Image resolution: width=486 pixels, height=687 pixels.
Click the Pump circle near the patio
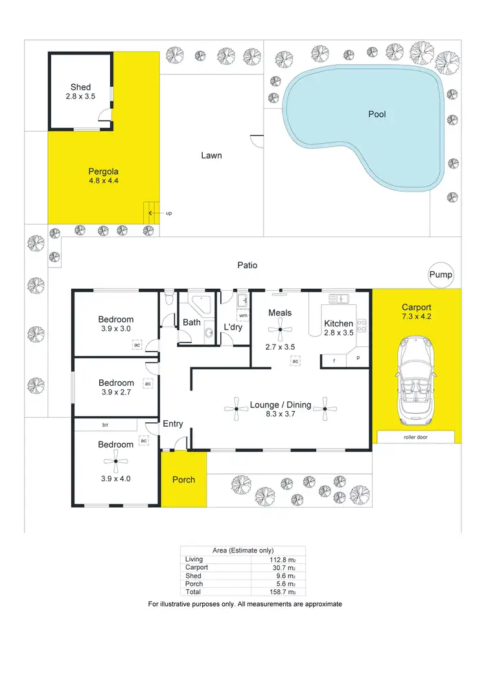tap(441, 275)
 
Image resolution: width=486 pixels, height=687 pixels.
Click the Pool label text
tap(376, 114)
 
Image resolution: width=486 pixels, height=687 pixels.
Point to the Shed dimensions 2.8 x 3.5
tap(80, 96)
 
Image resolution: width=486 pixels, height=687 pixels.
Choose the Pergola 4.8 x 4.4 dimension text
tap(103, 181)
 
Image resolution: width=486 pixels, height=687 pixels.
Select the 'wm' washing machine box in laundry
tap(243, 315)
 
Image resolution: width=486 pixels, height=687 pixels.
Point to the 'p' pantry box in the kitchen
tap(358, 358)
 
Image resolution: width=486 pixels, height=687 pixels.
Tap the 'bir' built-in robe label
tap(105, 425)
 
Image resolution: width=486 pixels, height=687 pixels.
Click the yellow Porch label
tap(183, 480)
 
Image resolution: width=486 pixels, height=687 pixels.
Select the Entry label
tap(172, 424)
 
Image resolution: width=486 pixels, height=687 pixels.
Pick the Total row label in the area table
tap(192, 592)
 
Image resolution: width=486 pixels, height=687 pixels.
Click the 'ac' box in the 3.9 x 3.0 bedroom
tap(137, 345)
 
